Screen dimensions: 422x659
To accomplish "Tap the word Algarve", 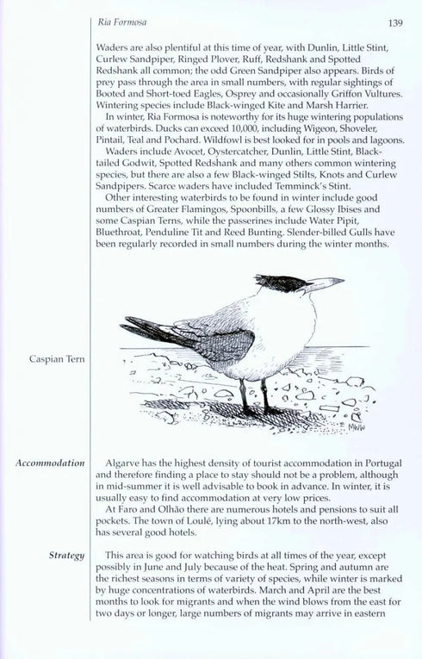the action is pos(123,463).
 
